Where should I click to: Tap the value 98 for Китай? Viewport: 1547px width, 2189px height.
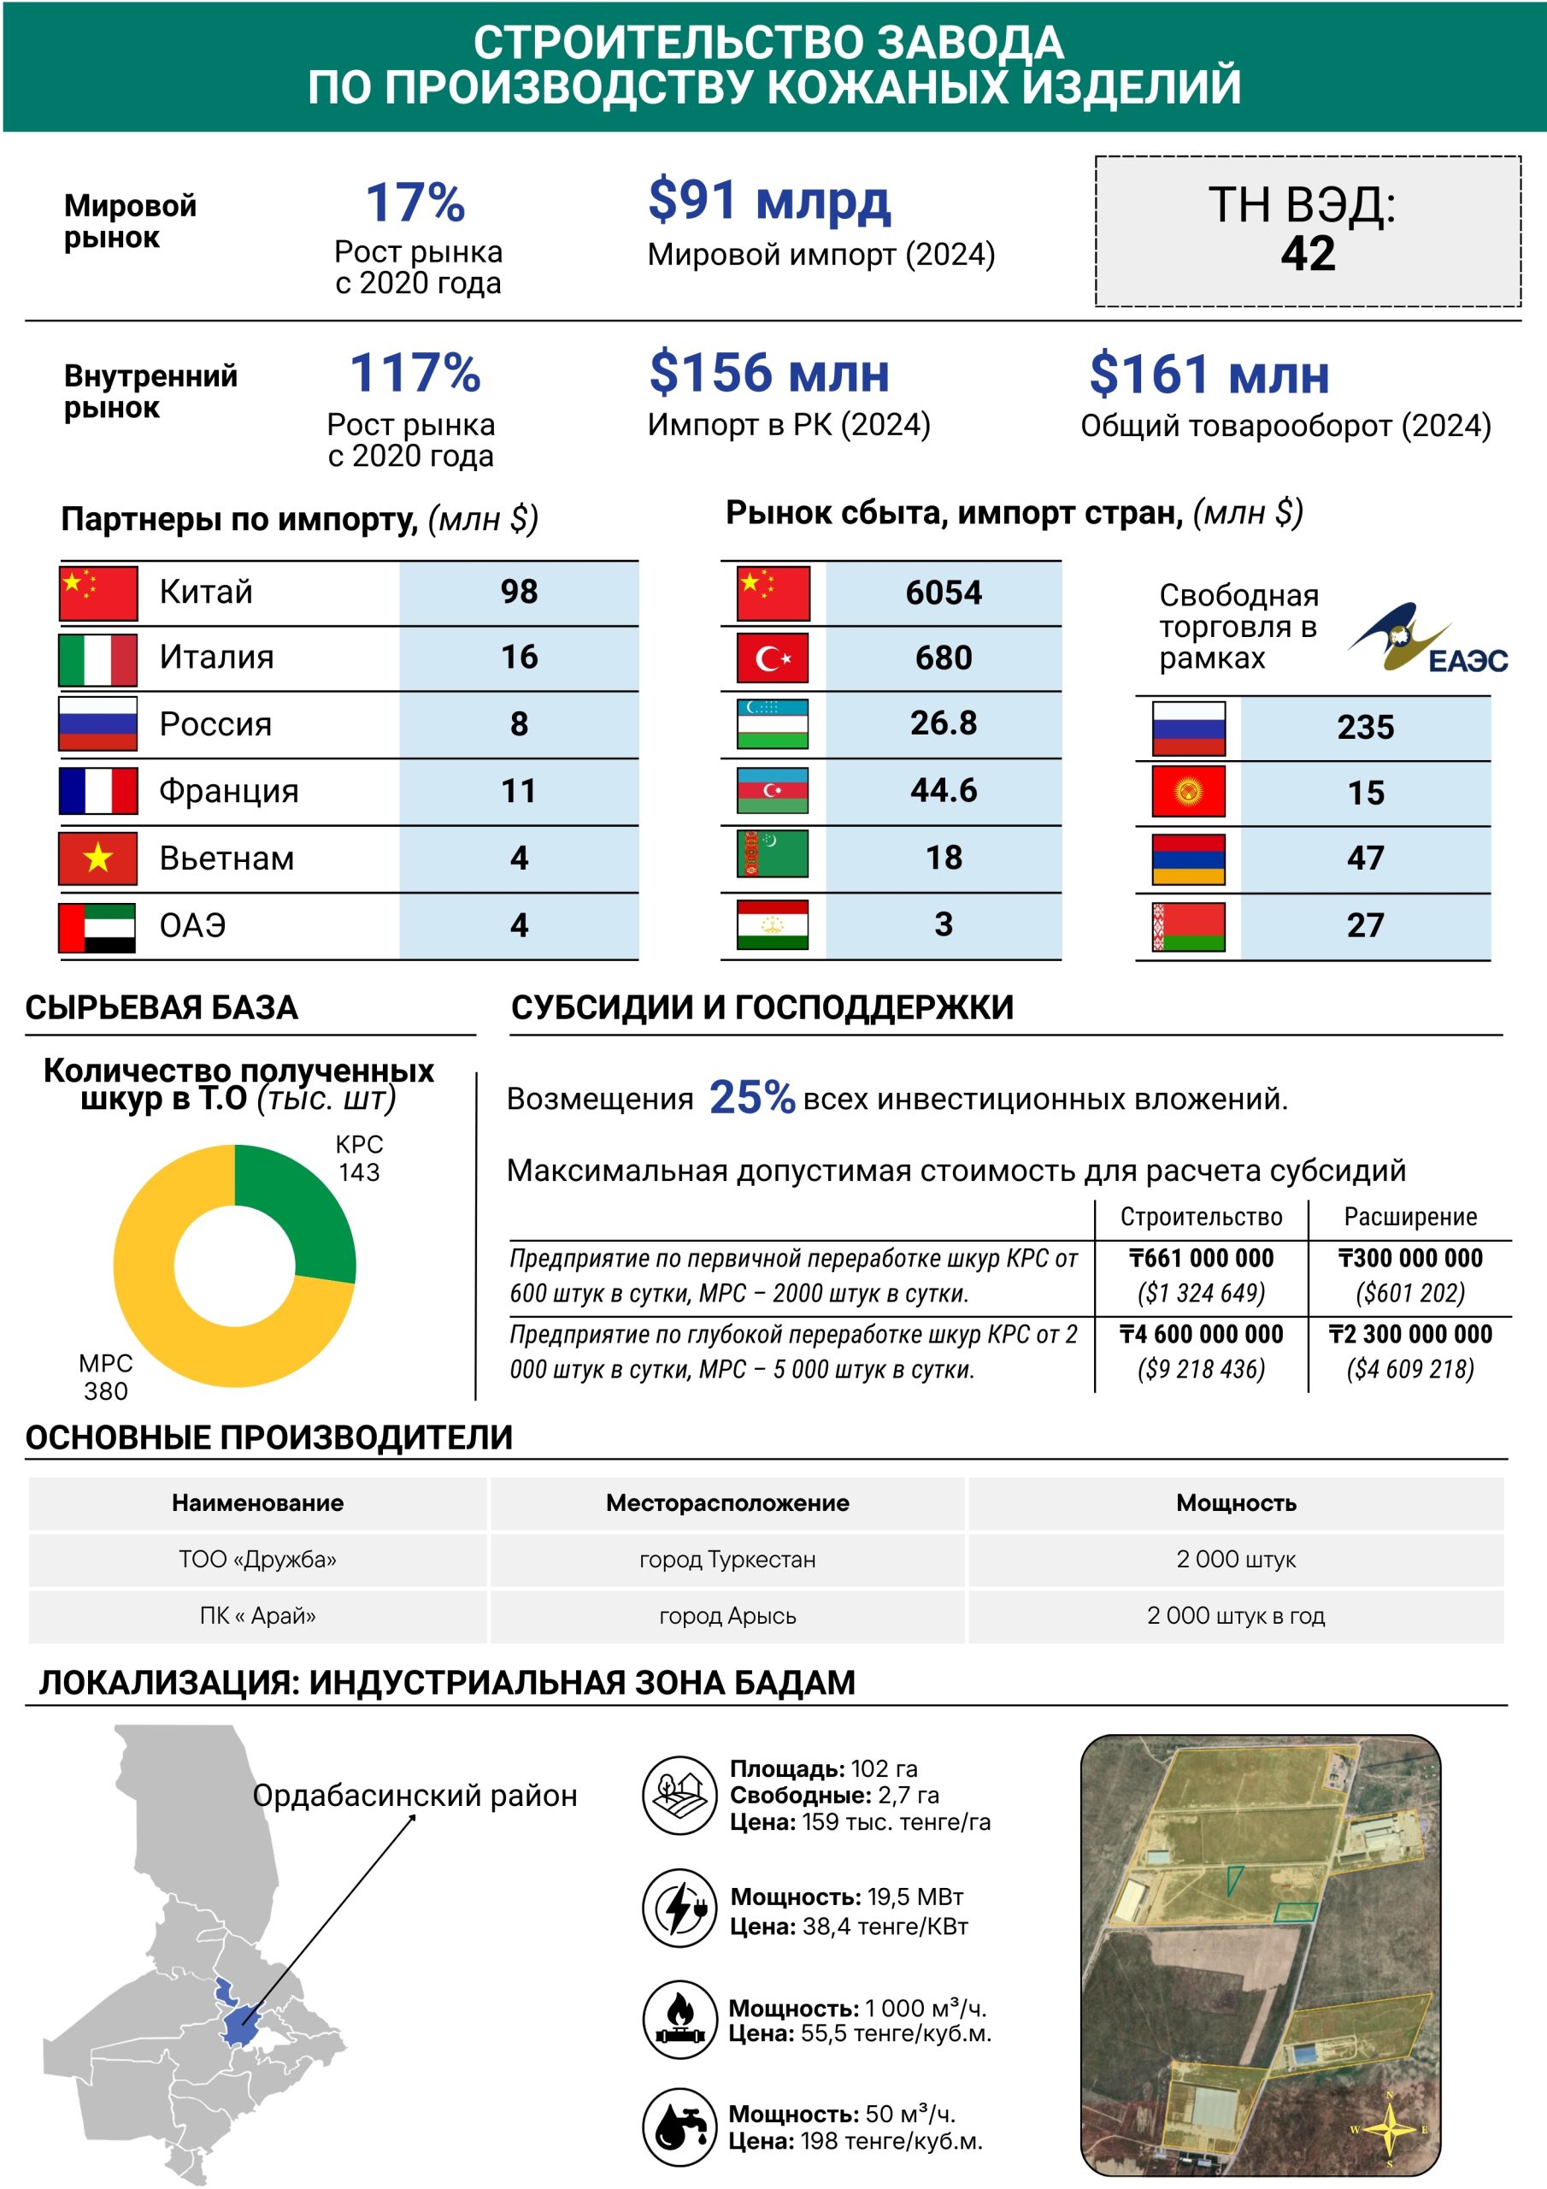[x=519, y=592]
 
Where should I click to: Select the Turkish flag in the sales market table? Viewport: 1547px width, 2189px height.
[x=773, y=658]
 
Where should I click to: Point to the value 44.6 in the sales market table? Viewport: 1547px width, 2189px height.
[x=943, y=790]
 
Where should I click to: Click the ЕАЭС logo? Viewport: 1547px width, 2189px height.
[x=1426, y=639]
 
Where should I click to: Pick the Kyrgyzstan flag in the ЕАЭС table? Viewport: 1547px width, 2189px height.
[x=1188, y=791]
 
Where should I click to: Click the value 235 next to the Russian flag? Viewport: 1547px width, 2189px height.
[x=1365, y=728]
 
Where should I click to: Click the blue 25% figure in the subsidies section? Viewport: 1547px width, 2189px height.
[x=751, y=1097]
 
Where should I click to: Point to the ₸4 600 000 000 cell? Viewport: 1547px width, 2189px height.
[x=1201, y=1334]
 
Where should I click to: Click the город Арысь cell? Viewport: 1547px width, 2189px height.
[x=727, y=1615]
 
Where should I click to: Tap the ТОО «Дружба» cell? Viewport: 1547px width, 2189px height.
[x=257, y=1559]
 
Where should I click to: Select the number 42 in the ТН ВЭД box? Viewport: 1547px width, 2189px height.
[x=1308, y=254]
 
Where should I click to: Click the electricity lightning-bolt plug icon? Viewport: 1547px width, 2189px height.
[x=679, y=1907]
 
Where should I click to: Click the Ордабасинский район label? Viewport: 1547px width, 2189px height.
[x=415, y=1796]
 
